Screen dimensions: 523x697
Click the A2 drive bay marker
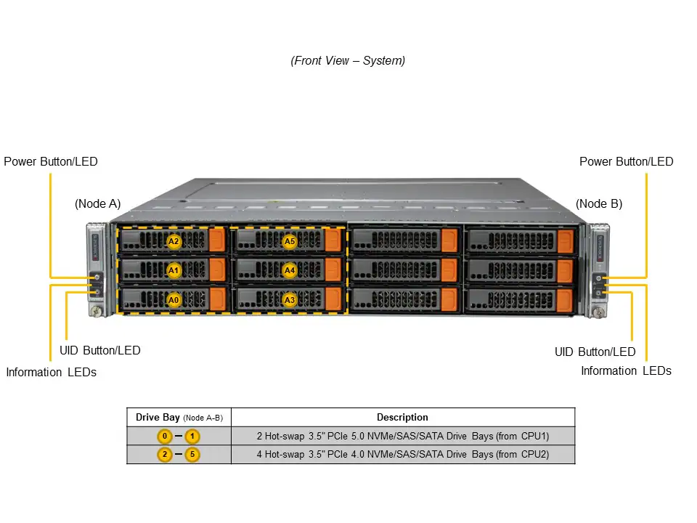point(174,241)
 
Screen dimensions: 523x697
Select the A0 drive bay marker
point(174,299)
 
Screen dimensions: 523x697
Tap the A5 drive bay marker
point(290,241)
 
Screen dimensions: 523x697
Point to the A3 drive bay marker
point(290,299)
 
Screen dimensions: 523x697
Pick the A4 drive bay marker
point(290,270)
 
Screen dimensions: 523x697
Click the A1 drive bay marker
point(174,270)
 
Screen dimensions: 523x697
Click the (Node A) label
point(97,203)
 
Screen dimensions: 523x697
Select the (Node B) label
point(599,203)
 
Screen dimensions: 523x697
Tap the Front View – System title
point(348,61)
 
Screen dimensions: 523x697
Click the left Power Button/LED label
point(51,161)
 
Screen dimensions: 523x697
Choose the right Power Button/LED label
point(626,161)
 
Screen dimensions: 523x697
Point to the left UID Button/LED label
point(99,350)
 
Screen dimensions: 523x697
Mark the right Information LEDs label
point(626,370)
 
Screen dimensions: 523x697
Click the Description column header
point(402,417)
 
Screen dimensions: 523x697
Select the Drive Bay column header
point(179,417)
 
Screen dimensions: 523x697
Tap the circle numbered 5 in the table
point(192,455)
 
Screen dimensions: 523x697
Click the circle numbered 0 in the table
point(166,437)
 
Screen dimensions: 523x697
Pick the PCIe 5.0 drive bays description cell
point(402,437)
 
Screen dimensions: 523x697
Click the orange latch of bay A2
point(217,240)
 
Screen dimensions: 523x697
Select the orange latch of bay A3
point(333,299)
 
